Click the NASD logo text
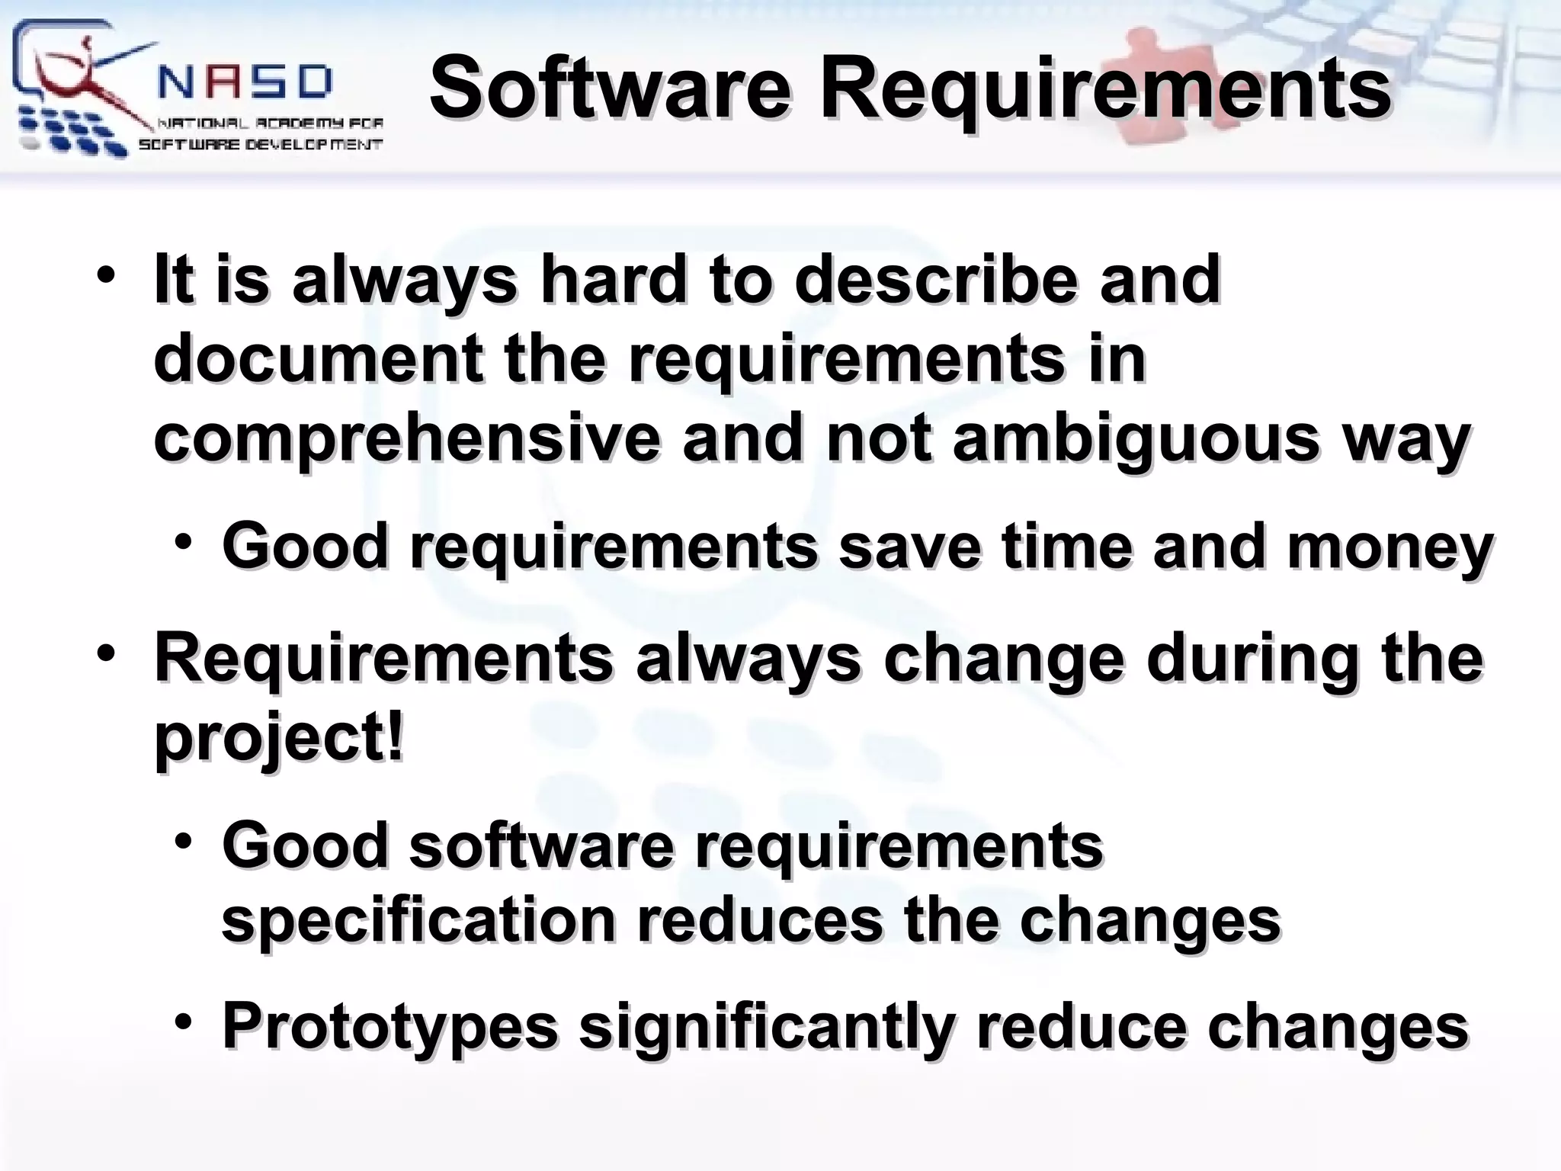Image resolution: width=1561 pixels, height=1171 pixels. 246,82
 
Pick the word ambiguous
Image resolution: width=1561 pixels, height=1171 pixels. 1136,440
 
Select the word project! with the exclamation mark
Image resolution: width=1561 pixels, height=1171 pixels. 278,738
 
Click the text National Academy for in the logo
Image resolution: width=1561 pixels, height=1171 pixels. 270,124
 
